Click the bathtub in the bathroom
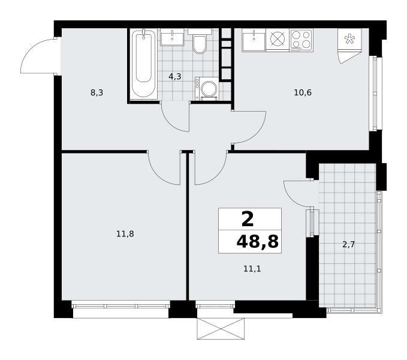(143, 64)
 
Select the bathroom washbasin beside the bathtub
(172, 38)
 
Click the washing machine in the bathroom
(207, 89)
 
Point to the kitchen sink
(254, 40)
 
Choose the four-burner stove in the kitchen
(301, 40)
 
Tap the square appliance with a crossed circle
(278, 40)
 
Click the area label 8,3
(97, 92)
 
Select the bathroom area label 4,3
(174, 76)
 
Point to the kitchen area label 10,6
(303, 92)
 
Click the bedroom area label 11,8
(125, 234)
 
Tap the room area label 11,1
(252, 269)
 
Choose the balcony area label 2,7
(349, 244)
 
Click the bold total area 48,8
(257, 242)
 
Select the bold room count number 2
(248, 219)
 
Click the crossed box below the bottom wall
(221, 329)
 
